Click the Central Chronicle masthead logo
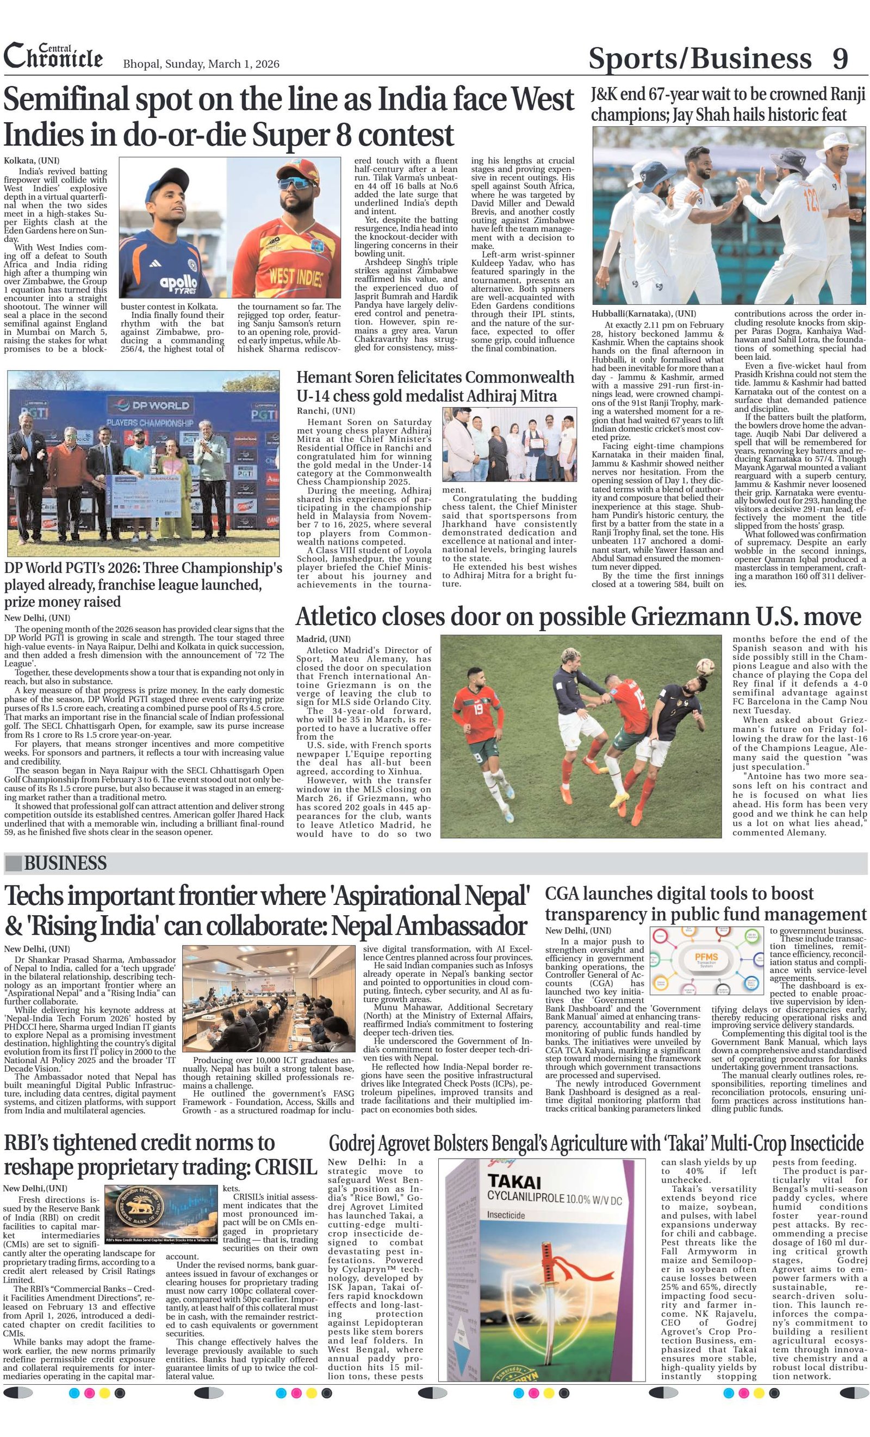53,57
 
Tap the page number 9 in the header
840,59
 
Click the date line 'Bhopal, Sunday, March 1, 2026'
201,64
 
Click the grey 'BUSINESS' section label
64,863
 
